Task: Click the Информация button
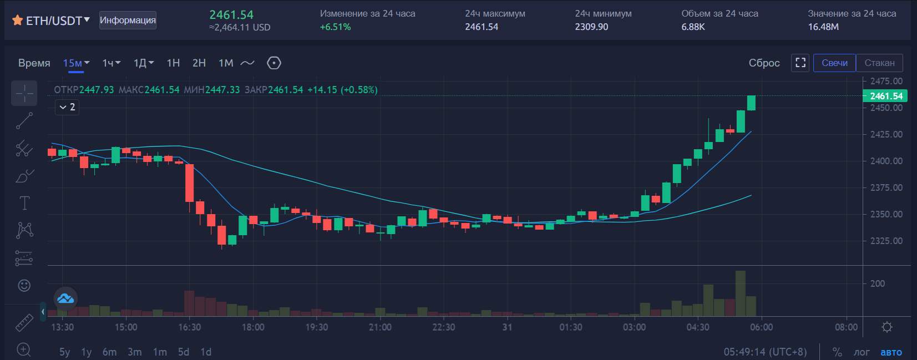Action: (x=128, y=20)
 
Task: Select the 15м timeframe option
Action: (x=73, y=63)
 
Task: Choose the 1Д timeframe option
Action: (x=140, y=63)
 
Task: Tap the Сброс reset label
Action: (x=764, y=63)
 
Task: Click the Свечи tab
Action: (x=834, y=63)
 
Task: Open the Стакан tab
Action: (x=879, y=63)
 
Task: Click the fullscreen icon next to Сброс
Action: (x=800, y=63)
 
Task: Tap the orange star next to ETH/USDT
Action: (x=17, y=21)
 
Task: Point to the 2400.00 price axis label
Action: (x=886, y=161)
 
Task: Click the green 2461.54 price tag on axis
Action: (x=886, y=96)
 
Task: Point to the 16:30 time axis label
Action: (x=189, y=327)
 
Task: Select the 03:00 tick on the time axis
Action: (x=634, y=327)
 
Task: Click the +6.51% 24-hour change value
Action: (x=335, y=27)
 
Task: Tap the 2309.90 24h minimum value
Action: (x=591, y=27)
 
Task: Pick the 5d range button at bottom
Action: (x=184, y=352)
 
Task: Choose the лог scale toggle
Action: (x=862, y=352)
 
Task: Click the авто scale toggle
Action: (x=891, y=352)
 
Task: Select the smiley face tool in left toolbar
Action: (x=24, y=285)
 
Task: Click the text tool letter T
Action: (x=24, y=203)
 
